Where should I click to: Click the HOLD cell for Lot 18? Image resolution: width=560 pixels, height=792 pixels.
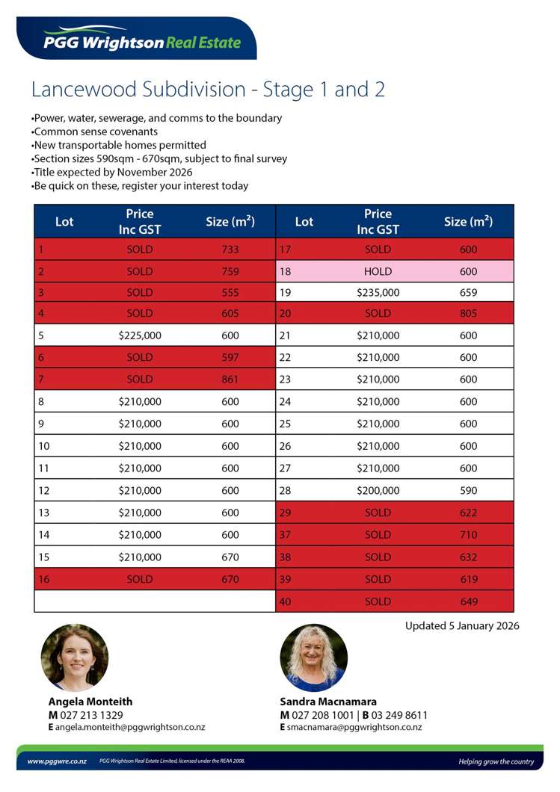pyautogui.click(x=378, y=271)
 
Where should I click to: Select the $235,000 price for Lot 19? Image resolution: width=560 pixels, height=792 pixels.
pyautogui.click(x=378, y=293)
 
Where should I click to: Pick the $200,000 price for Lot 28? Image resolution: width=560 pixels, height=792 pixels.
pyautogui.click(x=378, y=491)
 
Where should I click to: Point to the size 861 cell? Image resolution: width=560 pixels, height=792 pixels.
pyautogui.click(x=230, y=380)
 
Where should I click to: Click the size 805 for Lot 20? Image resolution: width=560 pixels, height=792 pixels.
pyautogui.click(x=468, y=314)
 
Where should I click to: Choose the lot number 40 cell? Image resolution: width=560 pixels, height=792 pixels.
pyautogui.click(x=285, y=601)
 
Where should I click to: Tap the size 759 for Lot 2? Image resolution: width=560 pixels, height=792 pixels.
pyautogui.click(x=230, y=271)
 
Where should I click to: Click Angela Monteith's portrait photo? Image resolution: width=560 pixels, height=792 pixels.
pyautogui.click(x=74, y=658)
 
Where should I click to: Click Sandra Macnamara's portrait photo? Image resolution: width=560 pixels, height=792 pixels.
pyautogui.click(x=313, y=658)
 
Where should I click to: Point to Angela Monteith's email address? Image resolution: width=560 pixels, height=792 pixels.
pyautogui.click(x=131, y=727)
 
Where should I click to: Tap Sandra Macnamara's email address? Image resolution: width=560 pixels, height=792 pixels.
pyautogui.click(x=354, y=727)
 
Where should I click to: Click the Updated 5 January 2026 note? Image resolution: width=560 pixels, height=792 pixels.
pyautogui.click(x=462, y=626)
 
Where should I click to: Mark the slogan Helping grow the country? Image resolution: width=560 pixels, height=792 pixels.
pyautogui.click(x=496, y=761)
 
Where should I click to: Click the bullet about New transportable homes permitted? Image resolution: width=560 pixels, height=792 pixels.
pyautogui.click(x=120, y=145)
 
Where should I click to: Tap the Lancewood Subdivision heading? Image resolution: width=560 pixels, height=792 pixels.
pyautogui.click(x=208, y=90)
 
